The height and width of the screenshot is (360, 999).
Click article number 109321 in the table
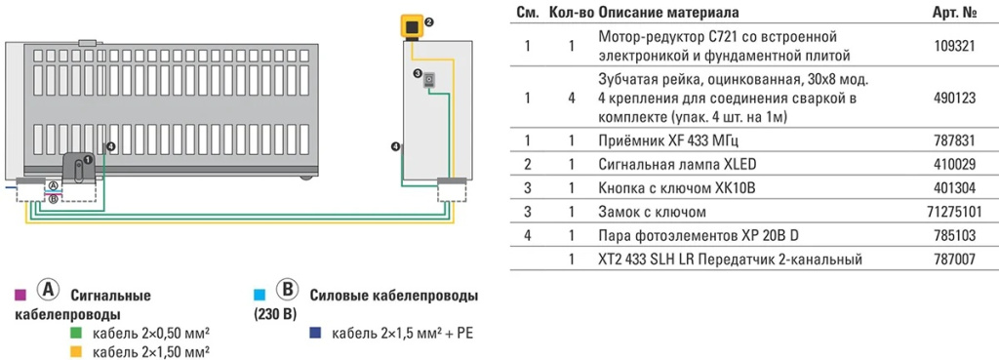tap(954, 45)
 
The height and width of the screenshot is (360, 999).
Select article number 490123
tap(954, 98)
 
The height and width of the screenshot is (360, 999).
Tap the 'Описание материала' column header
tap(668, 12)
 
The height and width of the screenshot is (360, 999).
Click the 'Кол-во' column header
tap(570, 12)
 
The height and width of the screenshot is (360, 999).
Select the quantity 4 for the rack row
tap(571, 98)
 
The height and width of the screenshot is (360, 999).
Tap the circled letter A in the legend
tap(45, 292)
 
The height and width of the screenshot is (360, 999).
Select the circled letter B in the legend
tap(287, 292)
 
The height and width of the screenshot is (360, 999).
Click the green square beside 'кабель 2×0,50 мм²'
tap(75, 334)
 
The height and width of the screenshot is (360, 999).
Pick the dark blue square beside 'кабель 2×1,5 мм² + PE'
tap(315, 334)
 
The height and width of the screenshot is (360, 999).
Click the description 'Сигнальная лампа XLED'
tap(663, 165)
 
